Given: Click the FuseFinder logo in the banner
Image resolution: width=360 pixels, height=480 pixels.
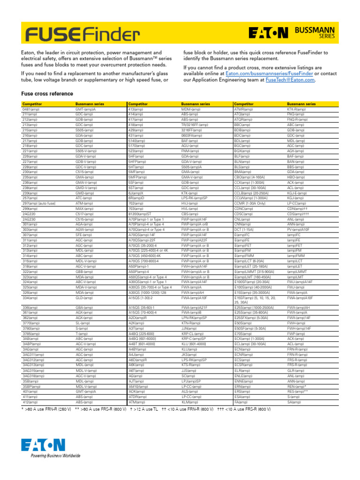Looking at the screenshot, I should (82, 33).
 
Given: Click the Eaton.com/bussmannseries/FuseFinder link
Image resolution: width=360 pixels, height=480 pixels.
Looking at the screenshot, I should (269, 74).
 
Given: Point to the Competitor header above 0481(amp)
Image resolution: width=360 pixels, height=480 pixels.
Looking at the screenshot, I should (32, 104).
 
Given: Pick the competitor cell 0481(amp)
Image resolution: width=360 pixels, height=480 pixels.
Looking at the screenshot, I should (31, 109).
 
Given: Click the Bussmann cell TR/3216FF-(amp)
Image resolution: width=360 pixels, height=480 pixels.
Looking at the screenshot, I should (195, 125).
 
